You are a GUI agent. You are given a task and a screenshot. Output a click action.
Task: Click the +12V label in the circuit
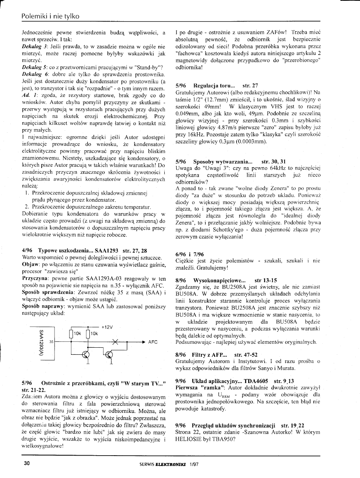pyautogui.click(x=107, y=327)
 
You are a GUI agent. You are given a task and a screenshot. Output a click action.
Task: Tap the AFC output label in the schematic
pyautogui.click(x=153, y=342)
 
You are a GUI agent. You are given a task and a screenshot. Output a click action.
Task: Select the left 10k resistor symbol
pyautogui.click(x=71, y=334)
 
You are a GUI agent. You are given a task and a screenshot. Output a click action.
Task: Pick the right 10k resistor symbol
pyautogui.click(x=89, y=334)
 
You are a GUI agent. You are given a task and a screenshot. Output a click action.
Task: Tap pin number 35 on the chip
pyautogui.click(x=51, y=342)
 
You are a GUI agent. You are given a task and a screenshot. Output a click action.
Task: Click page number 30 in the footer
pyautogui.click(x=27, y=463)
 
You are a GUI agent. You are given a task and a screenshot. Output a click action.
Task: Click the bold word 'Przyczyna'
pyautogui.click(x=36, y=278)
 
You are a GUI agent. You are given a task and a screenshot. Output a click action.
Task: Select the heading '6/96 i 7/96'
pyautogui.click(x=189, y=254)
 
